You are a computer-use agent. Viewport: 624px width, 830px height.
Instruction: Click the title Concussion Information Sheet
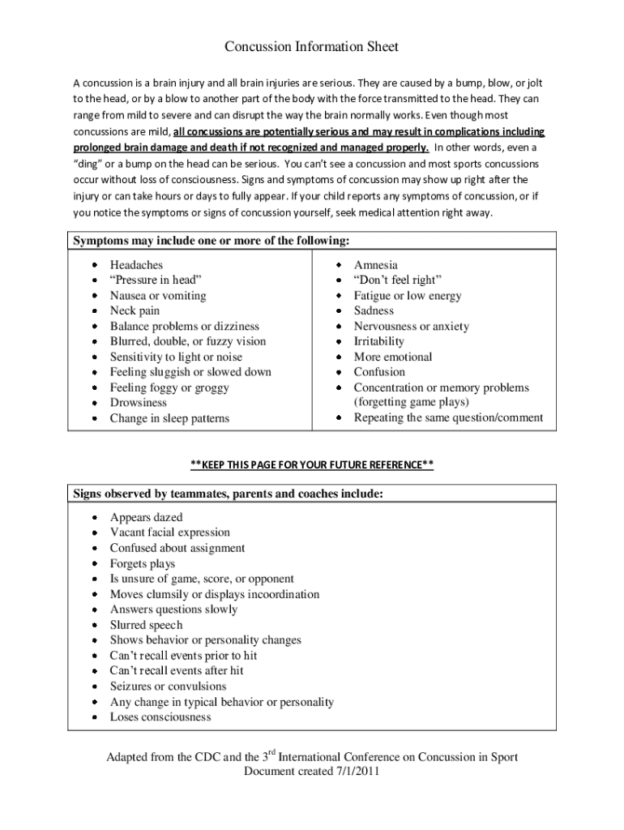coord(311,47)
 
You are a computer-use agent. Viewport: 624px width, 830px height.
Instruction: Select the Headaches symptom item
coord(136,265)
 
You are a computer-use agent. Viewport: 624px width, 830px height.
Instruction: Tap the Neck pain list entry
coord(135,310)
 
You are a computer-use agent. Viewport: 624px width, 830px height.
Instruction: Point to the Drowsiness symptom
coord(138,403)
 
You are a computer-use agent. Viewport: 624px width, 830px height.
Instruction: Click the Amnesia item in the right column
coord(375,265)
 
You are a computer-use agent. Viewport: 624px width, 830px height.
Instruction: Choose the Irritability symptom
coord(378,341)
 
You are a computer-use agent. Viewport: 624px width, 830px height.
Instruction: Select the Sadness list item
coord(374,310)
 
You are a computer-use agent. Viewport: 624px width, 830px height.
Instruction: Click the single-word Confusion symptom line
coord(379,372)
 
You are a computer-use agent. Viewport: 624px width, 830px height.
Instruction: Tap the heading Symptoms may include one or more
coord(212,241)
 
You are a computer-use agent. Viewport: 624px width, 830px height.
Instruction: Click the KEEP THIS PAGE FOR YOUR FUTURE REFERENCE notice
coord(311,464)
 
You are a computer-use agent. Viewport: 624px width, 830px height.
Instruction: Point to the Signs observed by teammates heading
coord(228,494)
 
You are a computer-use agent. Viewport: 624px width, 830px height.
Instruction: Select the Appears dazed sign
coord(146,517)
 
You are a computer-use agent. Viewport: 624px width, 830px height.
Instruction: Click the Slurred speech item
coord(146,625)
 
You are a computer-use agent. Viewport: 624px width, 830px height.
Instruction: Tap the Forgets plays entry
coord(142,563)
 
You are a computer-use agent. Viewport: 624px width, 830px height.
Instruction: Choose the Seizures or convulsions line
coord(168,687)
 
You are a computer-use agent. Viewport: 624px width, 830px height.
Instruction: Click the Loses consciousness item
coord(160,717)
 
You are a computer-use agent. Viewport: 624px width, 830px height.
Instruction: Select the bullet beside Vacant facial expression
coord(95,533)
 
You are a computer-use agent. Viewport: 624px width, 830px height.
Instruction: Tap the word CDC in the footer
coord(206,758)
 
